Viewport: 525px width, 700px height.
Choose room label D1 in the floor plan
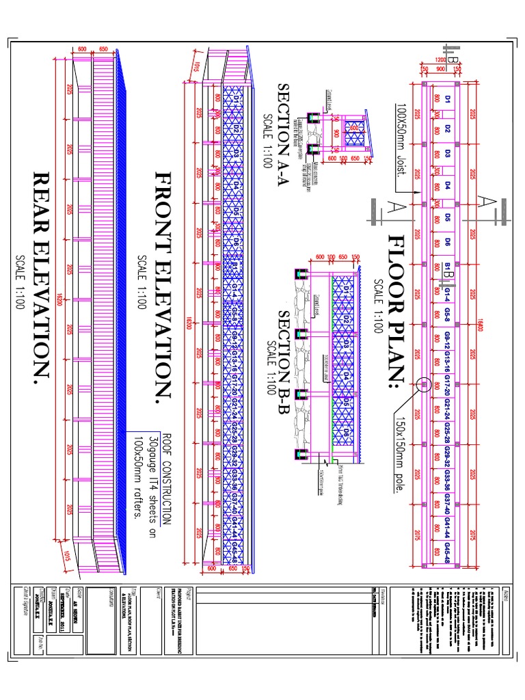click(x=448, y=100)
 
